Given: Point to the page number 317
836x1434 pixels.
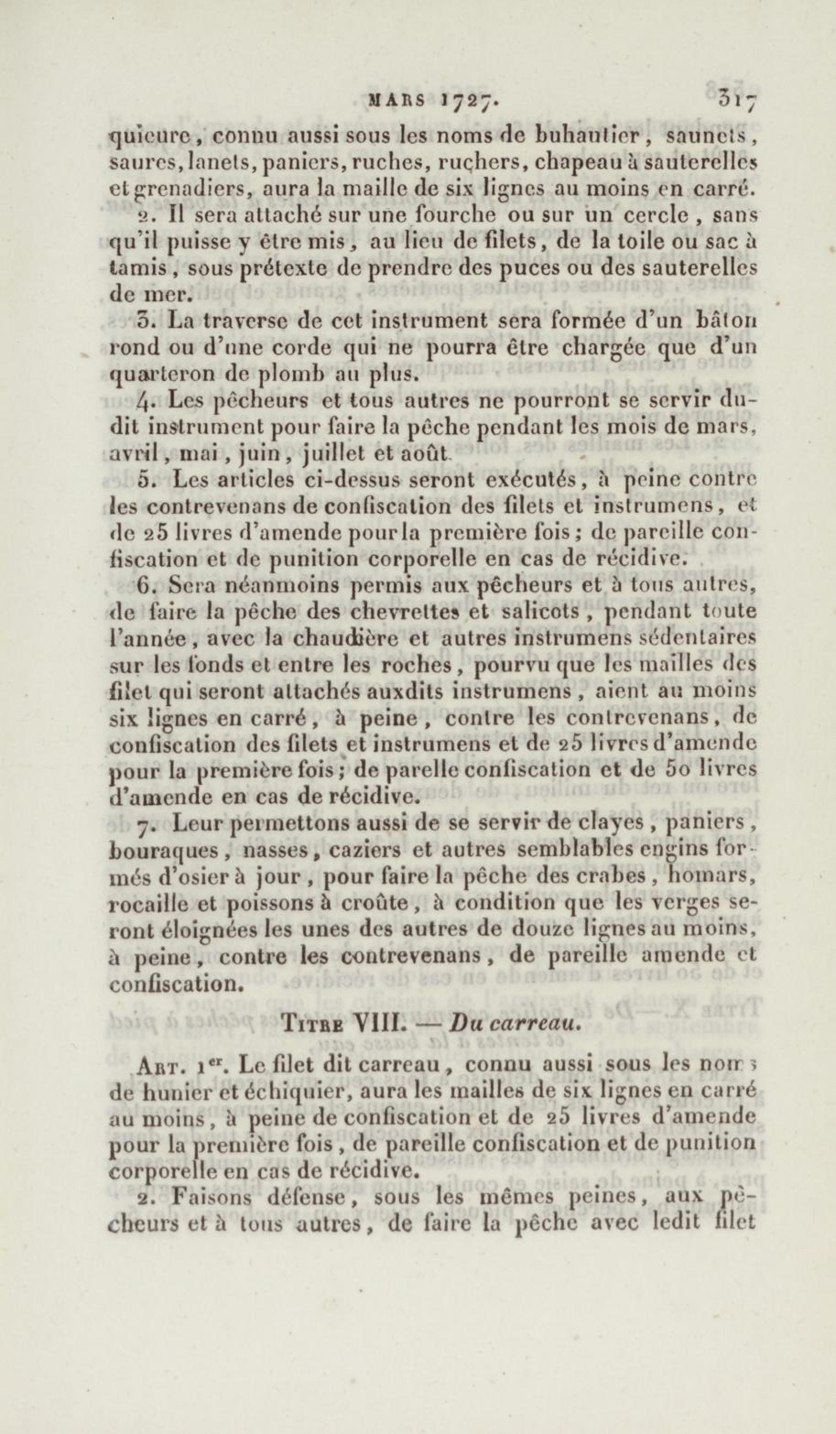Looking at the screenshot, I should [x=738, y=98].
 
